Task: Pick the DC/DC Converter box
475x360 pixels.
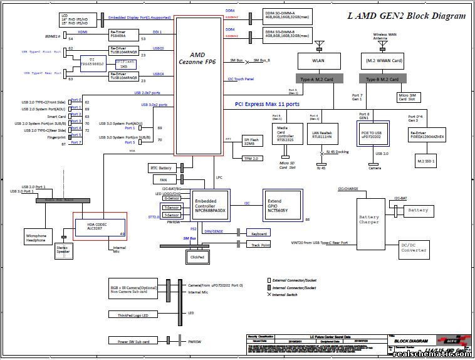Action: coord(414,247)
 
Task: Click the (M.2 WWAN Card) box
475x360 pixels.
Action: coord(384,60)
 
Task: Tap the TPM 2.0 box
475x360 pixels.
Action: coord(251,159)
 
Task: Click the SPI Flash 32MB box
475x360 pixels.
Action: coord(252,141)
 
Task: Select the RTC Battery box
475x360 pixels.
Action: coord(162,168)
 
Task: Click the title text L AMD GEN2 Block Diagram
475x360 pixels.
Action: coord(407,16)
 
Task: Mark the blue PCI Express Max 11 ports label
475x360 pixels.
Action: coord(267,104)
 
